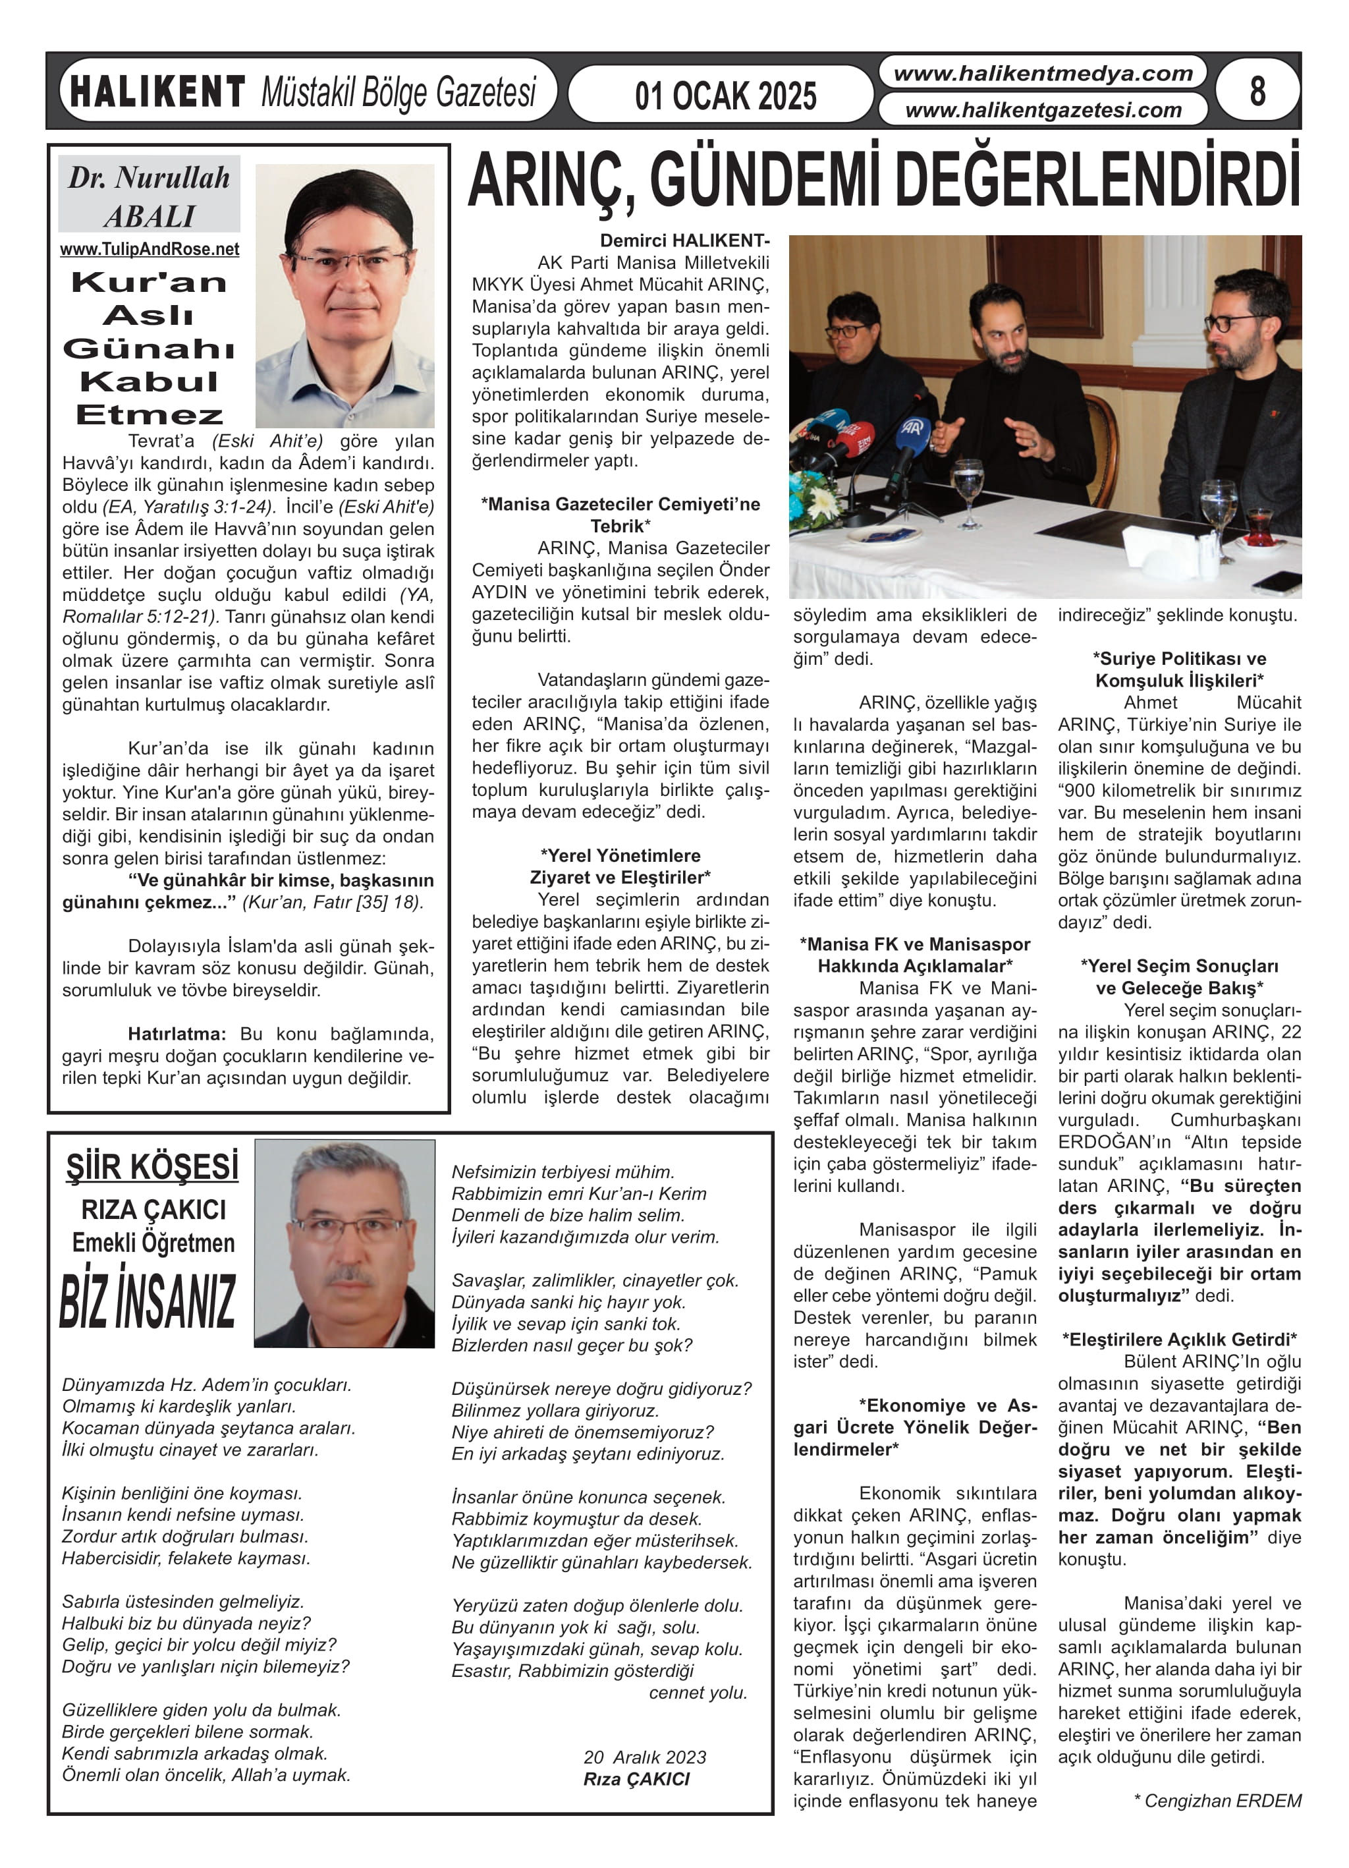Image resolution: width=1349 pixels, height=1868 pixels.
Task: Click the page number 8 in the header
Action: click(1257, 91)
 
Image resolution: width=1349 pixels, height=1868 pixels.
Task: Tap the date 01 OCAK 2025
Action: click(725, 96)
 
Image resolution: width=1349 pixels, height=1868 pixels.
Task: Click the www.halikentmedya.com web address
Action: click(1043, 74)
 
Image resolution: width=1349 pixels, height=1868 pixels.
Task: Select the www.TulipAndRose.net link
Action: click(149, 250)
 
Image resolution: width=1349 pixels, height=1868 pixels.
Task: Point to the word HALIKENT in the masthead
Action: click(157, 92)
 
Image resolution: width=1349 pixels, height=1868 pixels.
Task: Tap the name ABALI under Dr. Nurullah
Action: click(149, 217)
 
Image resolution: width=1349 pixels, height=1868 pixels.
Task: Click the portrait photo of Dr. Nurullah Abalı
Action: click(345, 295)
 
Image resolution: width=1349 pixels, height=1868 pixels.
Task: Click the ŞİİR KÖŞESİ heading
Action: click(152, 1167)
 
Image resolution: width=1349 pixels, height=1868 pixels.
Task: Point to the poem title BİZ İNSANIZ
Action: click(148, 1302)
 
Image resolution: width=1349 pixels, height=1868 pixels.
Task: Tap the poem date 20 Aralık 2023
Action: click(644, 1758)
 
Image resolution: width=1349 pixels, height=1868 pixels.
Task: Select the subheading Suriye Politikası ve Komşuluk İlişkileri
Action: click(1179, 669)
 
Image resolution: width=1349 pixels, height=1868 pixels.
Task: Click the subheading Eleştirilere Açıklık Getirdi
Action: click(1179, 1339)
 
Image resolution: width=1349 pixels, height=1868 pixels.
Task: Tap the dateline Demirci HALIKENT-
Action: click(684, 241)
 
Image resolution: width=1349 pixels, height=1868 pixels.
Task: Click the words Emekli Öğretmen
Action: click(153, 1243)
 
